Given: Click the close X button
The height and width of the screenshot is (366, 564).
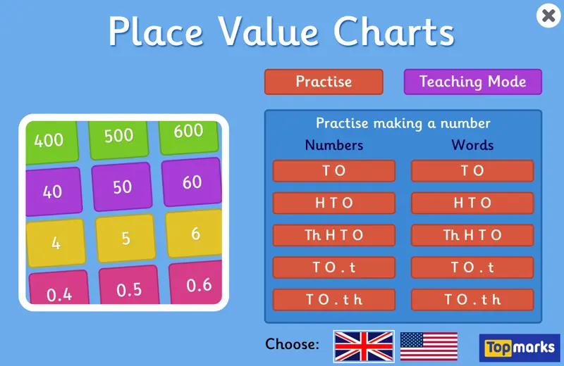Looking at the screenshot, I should [x=548, y=15].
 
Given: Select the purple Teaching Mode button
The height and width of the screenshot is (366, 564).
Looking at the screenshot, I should [x=472, y=82].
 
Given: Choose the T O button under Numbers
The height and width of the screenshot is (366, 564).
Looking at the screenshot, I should [x=333, y=170].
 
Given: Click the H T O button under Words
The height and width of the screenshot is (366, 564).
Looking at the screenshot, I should [x=472, y=203].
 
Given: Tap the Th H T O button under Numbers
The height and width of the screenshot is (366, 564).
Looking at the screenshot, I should [x=333, y=235].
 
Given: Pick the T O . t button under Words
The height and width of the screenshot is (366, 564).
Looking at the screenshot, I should [x=472, y=267].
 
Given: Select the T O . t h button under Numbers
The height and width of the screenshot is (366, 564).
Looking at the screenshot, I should [x=333, y=300].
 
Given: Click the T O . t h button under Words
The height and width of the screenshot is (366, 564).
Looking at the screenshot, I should [x=472, y=300].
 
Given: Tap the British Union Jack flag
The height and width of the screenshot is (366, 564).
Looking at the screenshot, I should [x=363, y=346].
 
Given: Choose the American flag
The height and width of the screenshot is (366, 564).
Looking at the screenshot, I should [x=429, y=346].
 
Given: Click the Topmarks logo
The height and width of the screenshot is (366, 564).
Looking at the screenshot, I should [x=519, y=348].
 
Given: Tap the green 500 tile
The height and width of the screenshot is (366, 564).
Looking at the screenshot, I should [x=118, y=136].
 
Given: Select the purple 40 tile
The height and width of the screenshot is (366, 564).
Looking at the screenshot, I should [x=54, y=191].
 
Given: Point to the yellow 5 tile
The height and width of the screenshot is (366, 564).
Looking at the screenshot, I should [x=125, y=238].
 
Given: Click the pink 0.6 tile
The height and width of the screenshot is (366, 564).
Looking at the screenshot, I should [x=198, y=285].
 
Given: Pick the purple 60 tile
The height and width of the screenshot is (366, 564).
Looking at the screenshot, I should [x=191, y=183].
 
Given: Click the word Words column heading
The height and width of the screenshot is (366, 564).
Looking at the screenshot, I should [x=472, y=146].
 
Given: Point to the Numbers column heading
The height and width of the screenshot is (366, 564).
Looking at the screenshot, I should [x=333, y=146].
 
